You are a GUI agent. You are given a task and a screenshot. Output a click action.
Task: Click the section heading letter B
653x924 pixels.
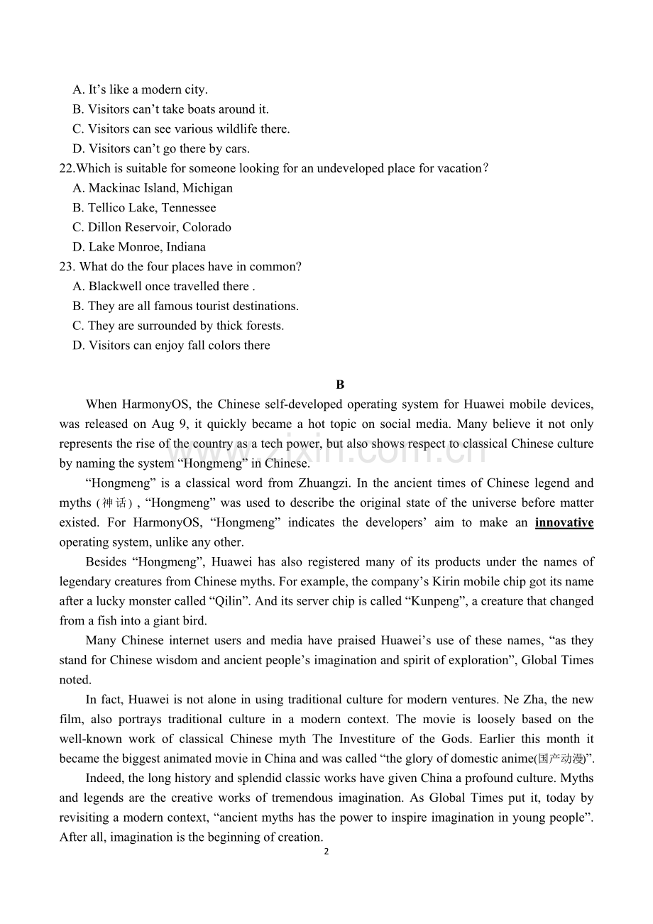tap(340, 385)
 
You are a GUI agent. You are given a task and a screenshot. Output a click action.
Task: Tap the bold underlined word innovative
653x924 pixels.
tap(564, 522)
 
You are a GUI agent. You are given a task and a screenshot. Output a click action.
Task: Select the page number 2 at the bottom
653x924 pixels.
tap(326, 852)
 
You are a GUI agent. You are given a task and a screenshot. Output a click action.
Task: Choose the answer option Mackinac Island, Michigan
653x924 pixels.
tap(160, 188)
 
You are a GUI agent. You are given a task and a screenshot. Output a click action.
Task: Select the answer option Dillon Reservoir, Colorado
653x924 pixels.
tap(159, 227)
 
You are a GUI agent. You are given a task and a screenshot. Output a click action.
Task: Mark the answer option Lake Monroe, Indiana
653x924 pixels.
tap(146, 247)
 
